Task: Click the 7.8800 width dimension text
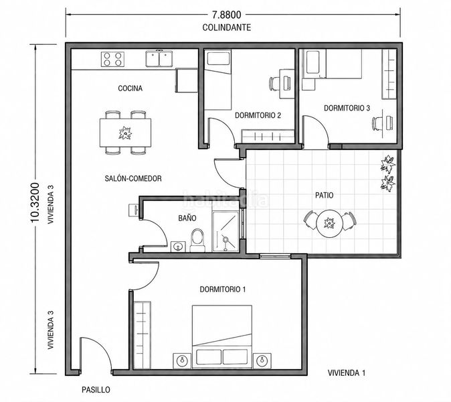tap(227, 14)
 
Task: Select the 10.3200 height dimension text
tap(35, 202)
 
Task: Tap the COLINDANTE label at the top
tap(227, 27)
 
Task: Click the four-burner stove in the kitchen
tap(112, 59)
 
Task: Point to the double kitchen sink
tap(159, 58)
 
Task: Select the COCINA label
tap(130, 88)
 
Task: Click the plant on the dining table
tap(125, 133)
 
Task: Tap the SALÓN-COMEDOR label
tap(133, 178)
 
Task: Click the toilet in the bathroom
tap(197, 241)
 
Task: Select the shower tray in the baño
tap(225, 231)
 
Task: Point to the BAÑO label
tap(187, 218)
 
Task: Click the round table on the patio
tap(329, 223)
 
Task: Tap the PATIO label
tap(325, 195)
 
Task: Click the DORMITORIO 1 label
tap(223, 289)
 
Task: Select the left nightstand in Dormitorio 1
tap(182, 361)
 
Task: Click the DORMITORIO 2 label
tap(258, 115)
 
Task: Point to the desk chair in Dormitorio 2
tap(274, 84)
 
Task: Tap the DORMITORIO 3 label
tap(347, 108)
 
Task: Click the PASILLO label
tap(96, 390)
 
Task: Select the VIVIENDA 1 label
tap(347, 373)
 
